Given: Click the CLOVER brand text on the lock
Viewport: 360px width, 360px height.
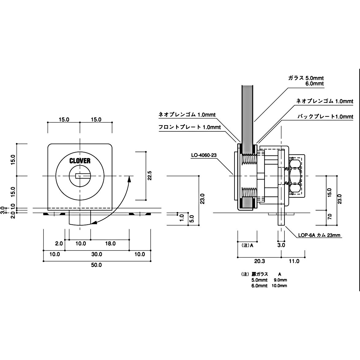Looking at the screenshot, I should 80,161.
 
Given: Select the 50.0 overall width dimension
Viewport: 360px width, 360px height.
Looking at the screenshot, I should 96,265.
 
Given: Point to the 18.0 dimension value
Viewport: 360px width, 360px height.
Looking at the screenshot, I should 110,243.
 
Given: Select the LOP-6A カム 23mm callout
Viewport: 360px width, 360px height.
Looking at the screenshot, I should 319,236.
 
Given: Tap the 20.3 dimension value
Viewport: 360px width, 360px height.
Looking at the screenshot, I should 259,261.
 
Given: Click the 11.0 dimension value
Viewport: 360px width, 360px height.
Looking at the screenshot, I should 294,261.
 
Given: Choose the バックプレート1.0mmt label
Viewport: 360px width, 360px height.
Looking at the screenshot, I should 325,117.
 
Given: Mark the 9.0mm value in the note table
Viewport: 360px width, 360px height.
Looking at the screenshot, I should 280,280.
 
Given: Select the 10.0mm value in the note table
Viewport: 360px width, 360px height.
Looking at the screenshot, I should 280,286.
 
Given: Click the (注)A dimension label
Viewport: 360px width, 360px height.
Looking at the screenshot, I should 247,245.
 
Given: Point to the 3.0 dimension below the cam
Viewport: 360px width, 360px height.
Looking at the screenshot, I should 281,245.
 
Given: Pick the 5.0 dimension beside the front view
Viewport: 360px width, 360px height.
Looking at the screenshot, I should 191,219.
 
